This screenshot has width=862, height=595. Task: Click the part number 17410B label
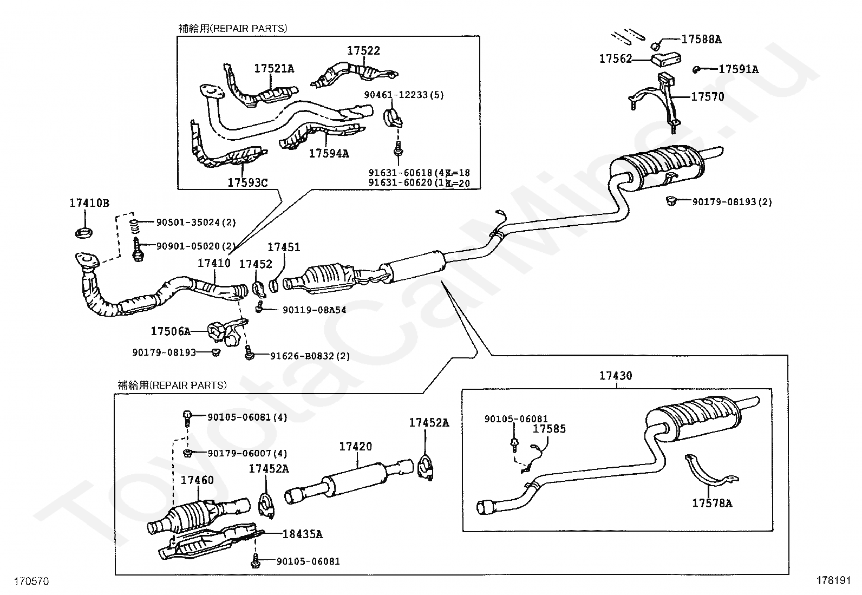pos(89,203)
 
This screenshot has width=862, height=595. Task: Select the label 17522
pos(363,50)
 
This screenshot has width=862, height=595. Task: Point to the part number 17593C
pos(247,182)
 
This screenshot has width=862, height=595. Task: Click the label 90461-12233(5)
pos(403,95)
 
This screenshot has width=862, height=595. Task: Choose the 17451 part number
pos(284,247)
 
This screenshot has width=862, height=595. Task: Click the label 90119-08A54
pos(314,310)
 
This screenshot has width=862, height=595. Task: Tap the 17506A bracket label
pos(171,331)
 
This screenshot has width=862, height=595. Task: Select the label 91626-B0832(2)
pos(310,356)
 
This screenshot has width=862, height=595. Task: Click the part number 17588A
pos(701,39)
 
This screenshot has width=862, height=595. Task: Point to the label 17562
pos(615,58)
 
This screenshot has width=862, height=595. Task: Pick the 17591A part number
pos(739,69)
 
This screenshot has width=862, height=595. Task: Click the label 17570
pos(707,97)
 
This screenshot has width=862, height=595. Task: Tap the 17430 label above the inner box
pos(616,375)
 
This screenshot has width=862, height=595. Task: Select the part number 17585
pos(549,429)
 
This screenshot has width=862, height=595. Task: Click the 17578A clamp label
pos(712,503)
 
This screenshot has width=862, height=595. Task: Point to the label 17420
pos(356,446)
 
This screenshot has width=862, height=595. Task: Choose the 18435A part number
pos(302,534)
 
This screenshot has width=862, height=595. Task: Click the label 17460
pos(197,480)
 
